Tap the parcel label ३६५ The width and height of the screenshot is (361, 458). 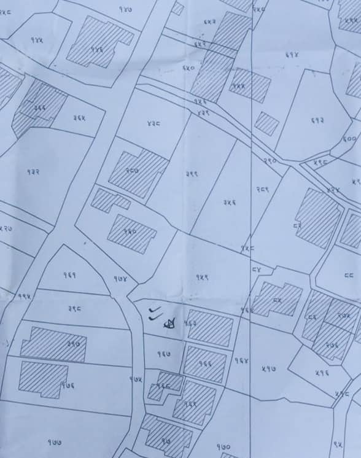pyautogui.click(x=79, y=117)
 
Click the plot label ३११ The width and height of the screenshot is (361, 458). pyautogui.click(x=191, y=174)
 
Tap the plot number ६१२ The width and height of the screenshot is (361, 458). pyautogui.click(x=317, y=121)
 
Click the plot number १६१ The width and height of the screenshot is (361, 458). pyautogui.click(x=69, y=274)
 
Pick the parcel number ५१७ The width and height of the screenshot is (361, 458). pyautogui.click(x=268, y=368)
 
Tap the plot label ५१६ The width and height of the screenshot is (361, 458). pyautogui.click(x=322, y=371)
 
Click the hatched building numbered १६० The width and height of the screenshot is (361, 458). pyautogui.click(x=131, y=233)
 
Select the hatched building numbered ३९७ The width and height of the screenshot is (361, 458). pyautogui.click(x=53, y=344)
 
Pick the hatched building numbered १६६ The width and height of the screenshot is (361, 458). pyautogui.click(x=205, y=363)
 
